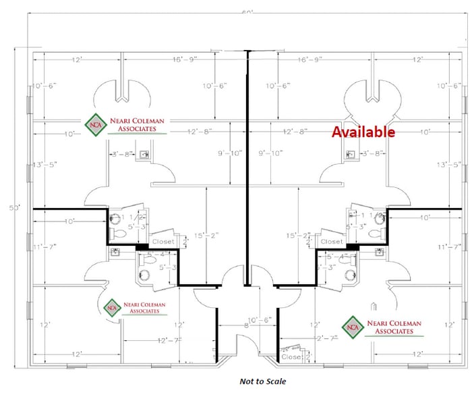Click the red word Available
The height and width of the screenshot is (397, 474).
point(363,132)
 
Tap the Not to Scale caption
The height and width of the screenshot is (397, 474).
point(262,381)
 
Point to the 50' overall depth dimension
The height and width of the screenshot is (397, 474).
point(13,207)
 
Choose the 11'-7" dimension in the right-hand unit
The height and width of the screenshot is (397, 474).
point(448,246)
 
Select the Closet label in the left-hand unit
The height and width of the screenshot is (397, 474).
point(162,241)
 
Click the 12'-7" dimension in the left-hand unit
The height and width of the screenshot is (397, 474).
point(170,340)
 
